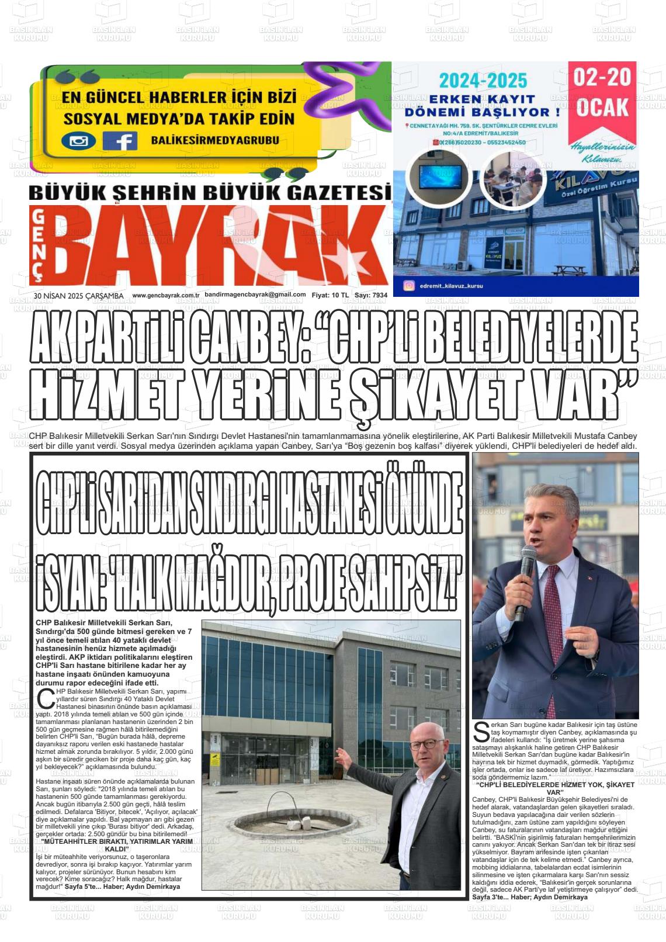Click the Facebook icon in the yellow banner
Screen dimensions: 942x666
(x=120, y=141)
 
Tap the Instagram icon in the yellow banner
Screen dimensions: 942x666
(x=79, y=141)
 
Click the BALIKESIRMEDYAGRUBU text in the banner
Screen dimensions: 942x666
(x=214, y=140)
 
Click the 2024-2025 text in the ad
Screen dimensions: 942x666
(x=483, y=81)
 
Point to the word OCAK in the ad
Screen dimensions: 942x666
(x=602, y=107)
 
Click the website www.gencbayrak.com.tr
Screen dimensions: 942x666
(x=166, y=296)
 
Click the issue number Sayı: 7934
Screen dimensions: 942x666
(x=370, y=296)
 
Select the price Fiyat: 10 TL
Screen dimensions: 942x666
(x=330, y=296)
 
